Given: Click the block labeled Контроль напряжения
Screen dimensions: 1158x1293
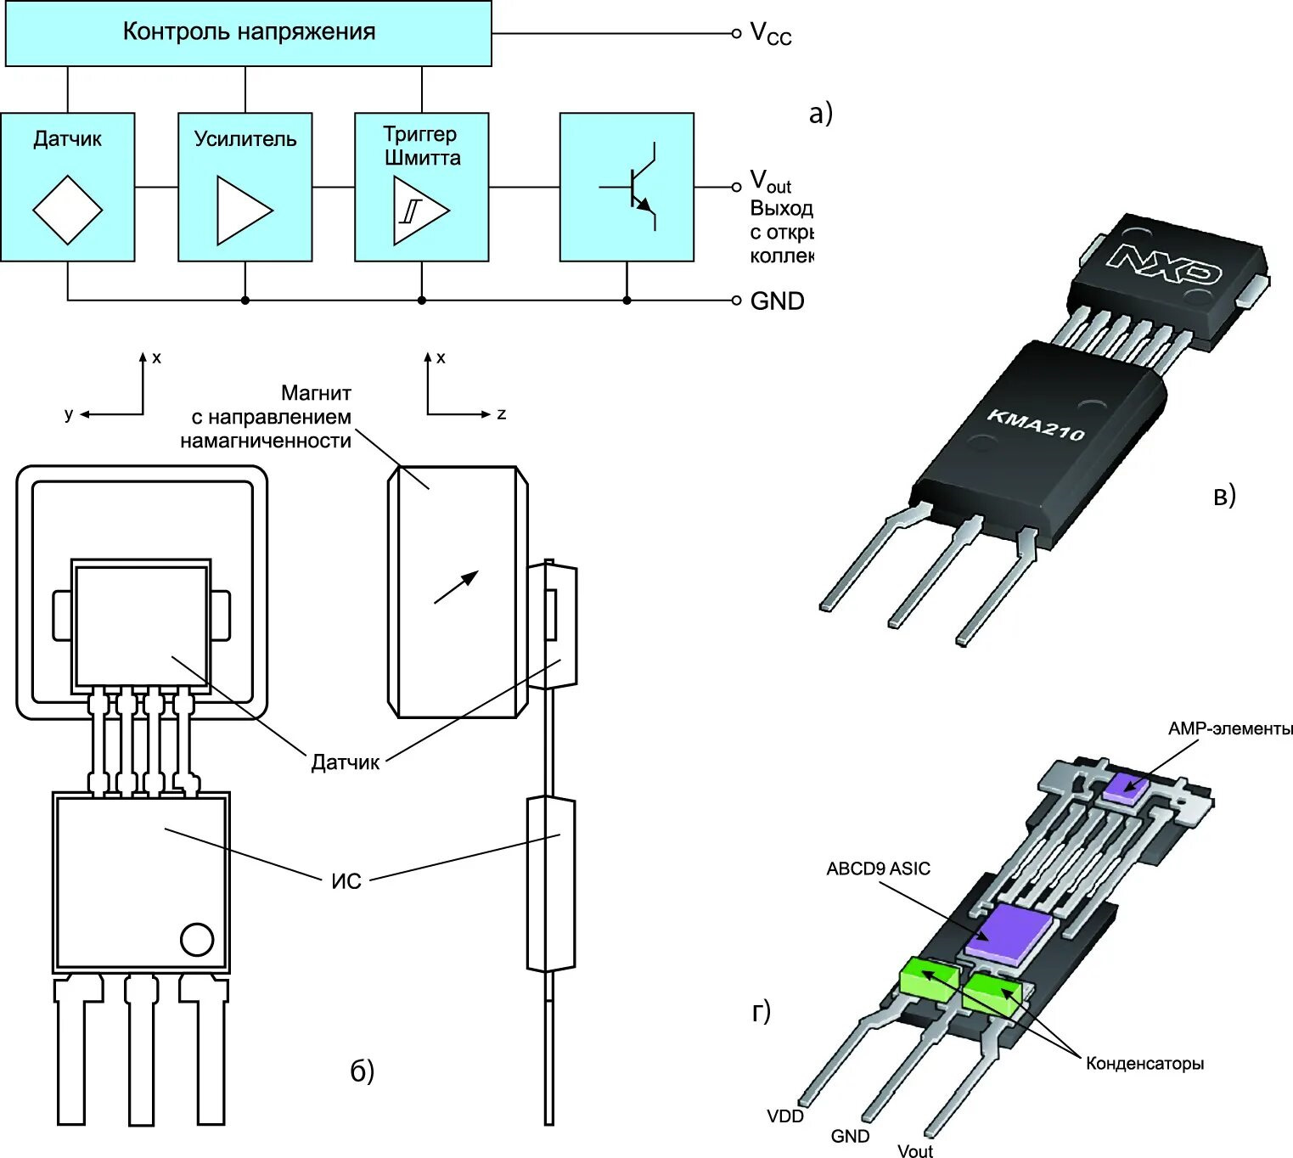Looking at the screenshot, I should point(248,33).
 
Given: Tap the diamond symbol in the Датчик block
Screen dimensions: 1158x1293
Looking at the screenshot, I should point(67,210).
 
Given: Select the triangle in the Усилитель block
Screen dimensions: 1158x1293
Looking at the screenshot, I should point(244,210).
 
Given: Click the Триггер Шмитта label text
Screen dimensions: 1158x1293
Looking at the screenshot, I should point(421,145).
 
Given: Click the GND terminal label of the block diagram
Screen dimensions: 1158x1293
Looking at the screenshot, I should point(777,301).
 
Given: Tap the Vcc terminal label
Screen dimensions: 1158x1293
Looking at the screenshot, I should point(770,34).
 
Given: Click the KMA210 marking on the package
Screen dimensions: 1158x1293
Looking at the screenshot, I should point(1036,424).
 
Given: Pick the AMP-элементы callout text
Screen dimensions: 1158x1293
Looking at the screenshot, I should point(1229,728).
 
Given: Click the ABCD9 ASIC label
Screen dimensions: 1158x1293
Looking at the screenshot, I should point(878,868).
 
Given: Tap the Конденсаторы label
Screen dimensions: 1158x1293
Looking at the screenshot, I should point(1144,1063).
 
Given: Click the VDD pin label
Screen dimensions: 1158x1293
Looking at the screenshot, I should point(784,1116).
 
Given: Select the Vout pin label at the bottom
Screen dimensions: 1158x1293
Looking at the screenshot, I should point(914,1150).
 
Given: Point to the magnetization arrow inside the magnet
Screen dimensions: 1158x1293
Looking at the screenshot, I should point(457,587).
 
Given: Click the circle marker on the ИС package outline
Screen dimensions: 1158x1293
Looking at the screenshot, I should point(197,939).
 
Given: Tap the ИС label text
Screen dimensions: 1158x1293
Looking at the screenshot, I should point(346,881).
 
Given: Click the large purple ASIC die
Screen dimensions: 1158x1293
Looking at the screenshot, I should point(1010,931).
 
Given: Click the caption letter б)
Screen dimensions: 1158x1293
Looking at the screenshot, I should point(362,1071).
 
